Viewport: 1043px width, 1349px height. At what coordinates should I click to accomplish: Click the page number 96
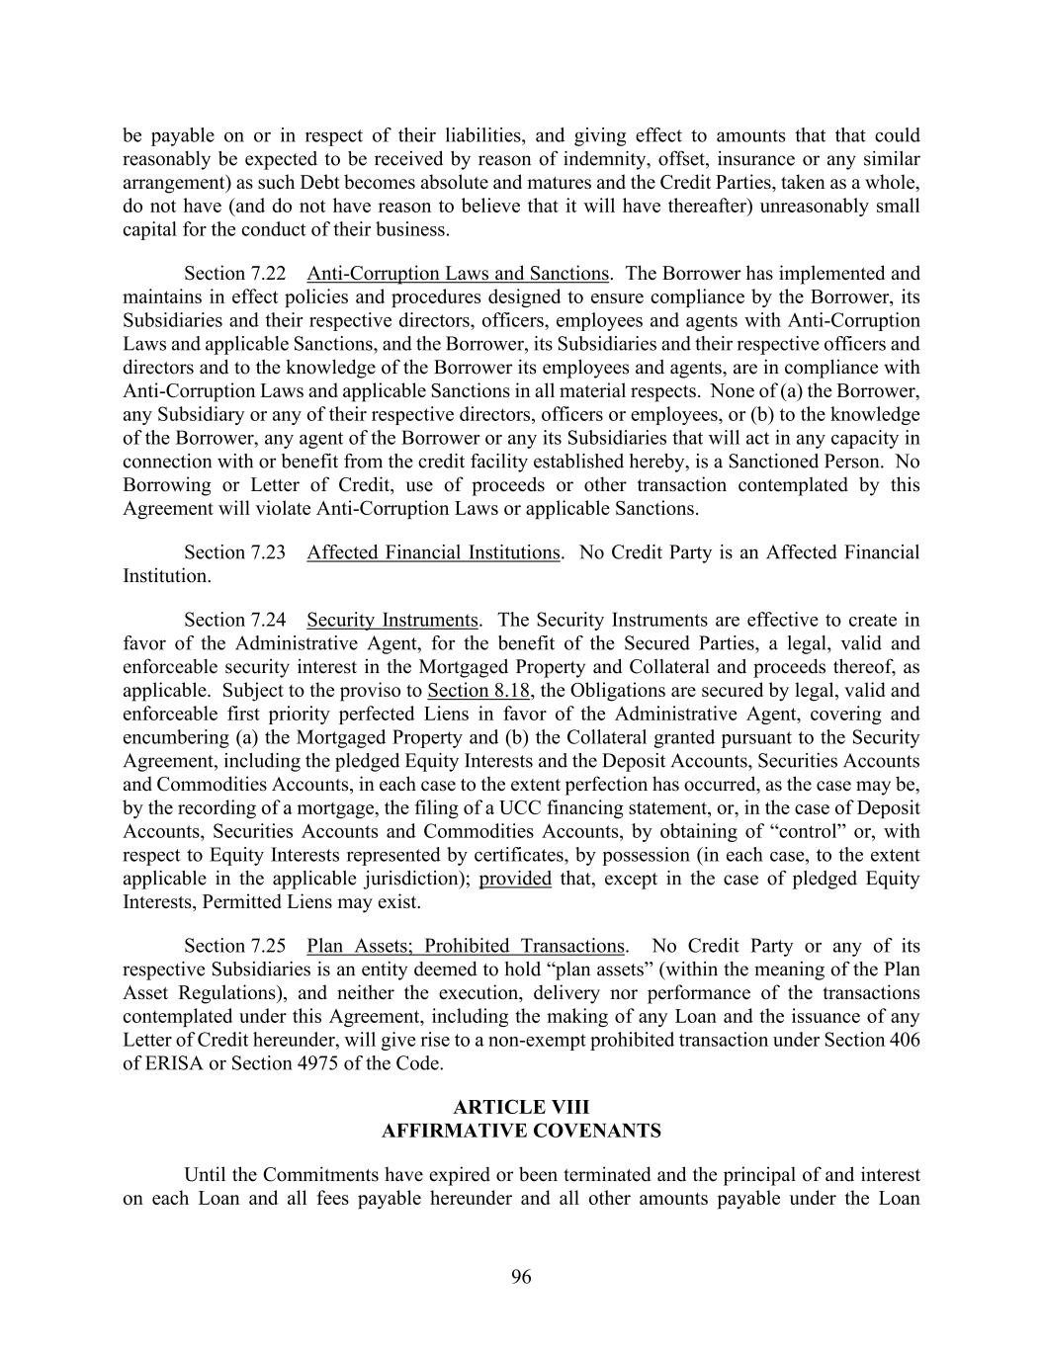point(521,1277)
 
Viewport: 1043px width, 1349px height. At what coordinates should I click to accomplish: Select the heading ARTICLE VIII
point(521,1107)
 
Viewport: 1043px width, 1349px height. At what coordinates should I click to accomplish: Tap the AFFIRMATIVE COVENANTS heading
point(521,1131)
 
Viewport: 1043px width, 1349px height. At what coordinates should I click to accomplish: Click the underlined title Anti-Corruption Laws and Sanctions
point(457,274)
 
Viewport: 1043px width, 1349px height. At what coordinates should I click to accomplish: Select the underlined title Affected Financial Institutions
point(433,552)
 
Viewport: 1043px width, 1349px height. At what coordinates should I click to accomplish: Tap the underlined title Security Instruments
point(391,620)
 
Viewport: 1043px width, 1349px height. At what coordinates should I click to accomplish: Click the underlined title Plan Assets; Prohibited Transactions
point(466,946)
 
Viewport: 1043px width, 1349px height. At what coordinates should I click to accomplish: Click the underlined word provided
point(515,879)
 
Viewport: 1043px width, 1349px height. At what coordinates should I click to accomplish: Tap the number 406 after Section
point(904,1040)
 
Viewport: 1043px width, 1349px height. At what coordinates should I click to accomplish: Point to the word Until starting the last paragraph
point(208,1175)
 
